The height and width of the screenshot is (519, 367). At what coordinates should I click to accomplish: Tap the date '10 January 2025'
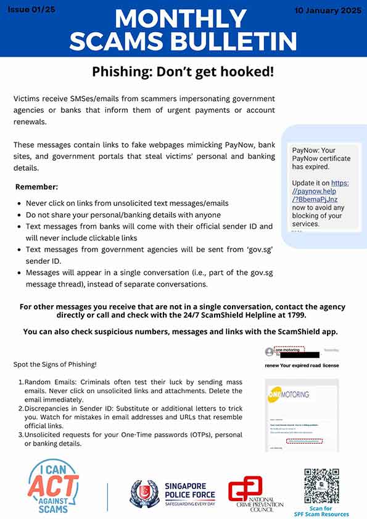pyautogui.click(x=327, y=10)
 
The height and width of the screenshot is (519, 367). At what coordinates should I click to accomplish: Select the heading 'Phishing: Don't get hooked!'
pyautogui.click(x=183, y=72)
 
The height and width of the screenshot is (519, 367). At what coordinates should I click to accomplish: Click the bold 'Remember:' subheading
pyautogui.click(x=36, y=186)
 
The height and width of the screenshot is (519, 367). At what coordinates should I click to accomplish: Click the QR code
pyautogui.click(x=321, y=486)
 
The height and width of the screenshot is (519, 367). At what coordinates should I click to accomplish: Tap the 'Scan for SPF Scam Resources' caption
pyautogui.click(x=328, y=511)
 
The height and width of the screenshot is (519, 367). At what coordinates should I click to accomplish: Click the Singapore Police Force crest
pyautogui.click(x=144, y=494)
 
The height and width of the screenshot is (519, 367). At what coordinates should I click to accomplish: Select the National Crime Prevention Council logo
pyautogui.click(x=255, y=494)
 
